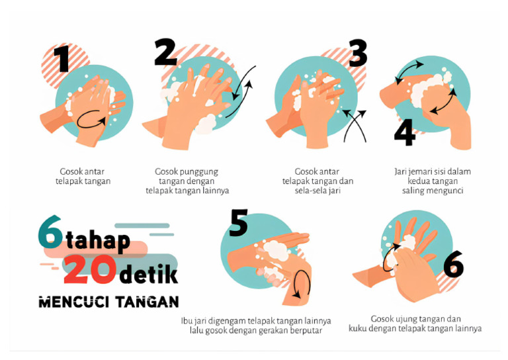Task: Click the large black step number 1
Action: click(x=62, y=59)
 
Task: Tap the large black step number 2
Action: click(x=165, y=52)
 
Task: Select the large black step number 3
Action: click(x=358, y=53)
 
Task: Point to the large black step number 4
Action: click(x=405, y=132)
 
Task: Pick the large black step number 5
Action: click(x=238, y=222)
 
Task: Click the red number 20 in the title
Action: click(x=90, y=269)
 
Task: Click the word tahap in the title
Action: click(x=98, y=240)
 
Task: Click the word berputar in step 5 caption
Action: click(x=306, y=331)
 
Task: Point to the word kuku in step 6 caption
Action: click(x=357, y=329)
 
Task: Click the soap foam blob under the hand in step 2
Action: click(x=206, y=124)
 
